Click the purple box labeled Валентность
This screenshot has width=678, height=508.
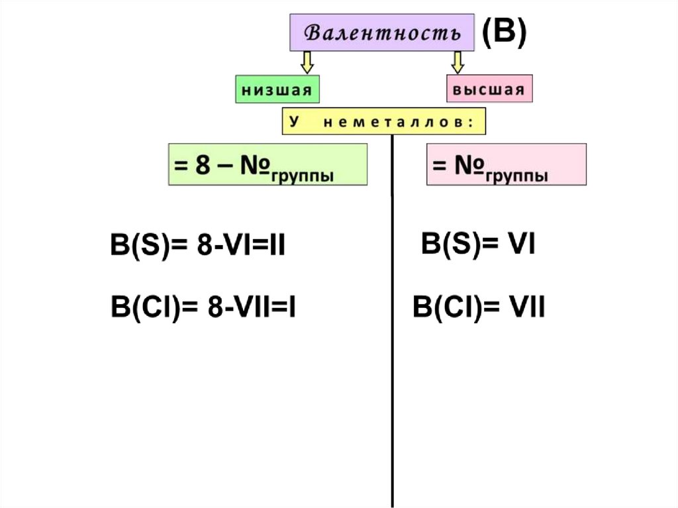[382, 32]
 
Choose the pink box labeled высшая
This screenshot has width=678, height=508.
[489, 89]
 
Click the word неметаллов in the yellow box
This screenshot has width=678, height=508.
[395, 122]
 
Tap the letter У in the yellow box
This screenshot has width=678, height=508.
[292, 122]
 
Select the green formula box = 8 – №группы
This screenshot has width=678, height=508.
[267, 164]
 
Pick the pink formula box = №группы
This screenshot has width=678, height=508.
[506, 164]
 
